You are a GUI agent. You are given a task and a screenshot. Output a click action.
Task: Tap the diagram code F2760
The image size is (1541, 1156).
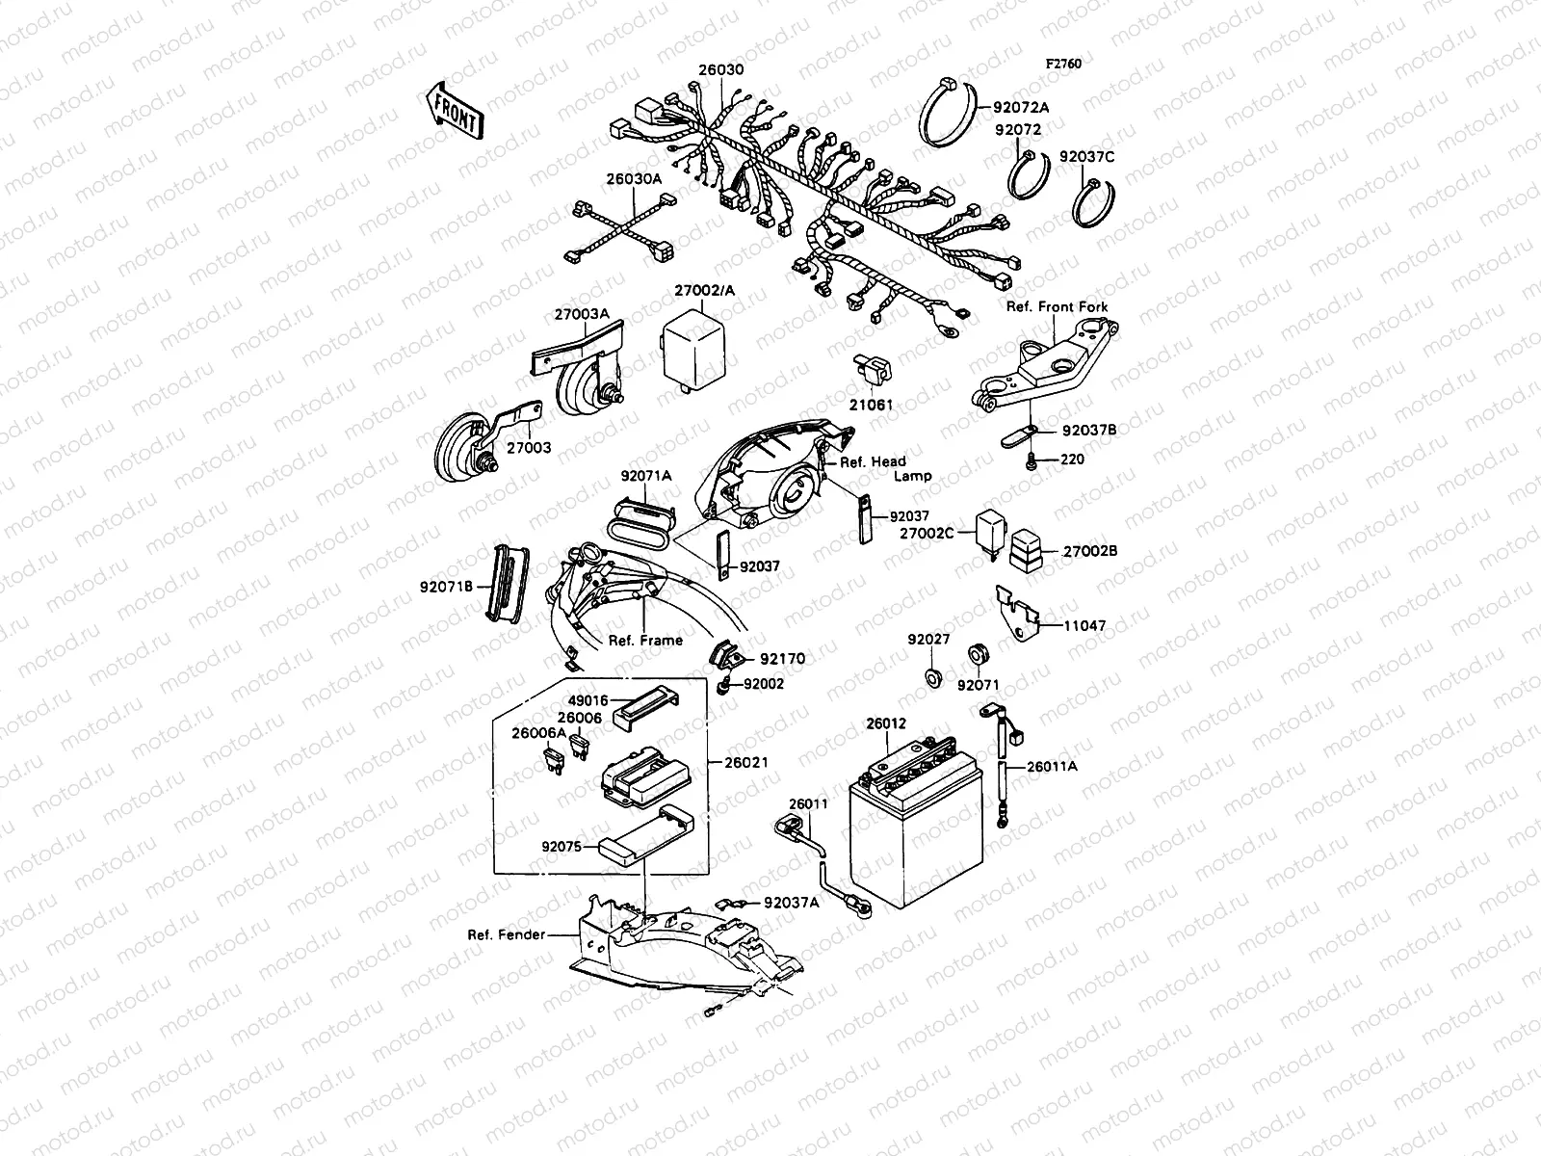(1064, 64)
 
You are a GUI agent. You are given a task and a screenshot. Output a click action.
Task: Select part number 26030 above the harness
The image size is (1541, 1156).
(721, 70)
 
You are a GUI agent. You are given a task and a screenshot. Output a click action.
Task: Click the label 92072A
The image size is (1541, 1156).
(1021, 108)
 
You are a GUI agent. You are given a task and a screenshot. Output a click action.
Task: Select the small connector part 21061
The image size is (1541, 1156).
(869, 370)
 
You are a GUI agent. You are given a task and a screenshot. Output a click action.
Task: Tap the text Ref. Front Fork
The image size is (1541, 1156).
(1057, 307)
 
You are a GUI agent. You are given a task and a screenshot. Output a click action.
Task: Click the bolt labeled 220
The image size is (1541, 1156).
(1031, 461)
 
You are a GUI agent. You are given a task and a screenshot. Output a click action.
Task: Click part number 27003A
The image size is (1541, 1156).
(582, 315)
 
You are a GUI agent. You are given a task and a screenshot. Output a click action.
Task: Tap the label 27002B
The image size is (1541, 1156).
(1090, 552)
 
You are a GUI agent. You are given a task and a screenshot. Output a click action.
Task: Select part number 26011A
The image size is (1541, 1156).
(1052, 767)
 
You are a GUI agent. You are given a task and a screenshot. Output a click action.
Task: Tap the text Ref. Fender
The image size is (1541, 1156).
(507, 934)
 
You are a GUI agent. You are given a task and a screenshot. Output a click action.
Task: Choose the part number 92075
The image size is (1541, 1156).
(561, 847)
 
